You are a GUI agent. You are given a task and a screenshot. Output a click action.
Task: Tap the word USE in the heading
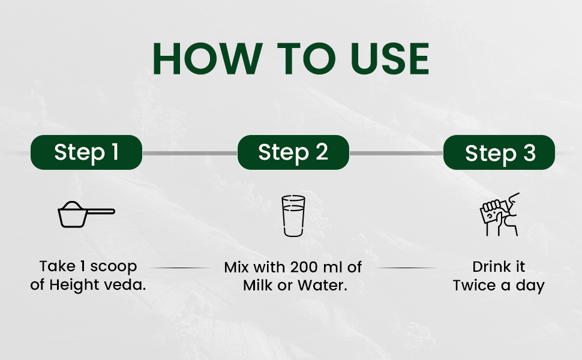389,59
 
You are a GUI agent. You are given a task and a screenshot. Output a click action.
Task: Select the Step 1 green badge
86,152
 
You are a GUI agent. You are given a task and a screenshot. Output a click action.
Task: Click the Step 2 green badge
293,152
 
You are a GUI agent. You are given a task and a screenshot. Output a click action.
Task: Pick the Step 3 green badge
499,152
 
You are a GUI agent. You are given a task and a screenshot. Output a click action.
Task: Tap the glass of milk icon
293,215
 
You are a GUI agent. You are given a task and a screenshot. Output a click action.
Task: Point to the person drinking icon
500,214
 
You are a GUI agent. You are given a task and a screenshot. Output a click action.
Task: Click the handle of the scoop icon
100,212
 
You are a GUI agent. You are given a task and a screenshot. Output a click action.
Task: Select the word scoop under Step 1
113,267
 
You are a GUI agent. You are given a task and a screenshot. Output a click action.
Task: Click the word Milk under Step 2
259,286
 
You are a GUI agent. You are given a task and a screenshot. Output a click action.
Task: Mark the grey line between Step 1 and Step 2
190,153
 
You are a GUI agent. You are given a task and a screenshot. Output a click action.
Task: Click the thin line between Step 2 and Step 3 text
406,268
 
